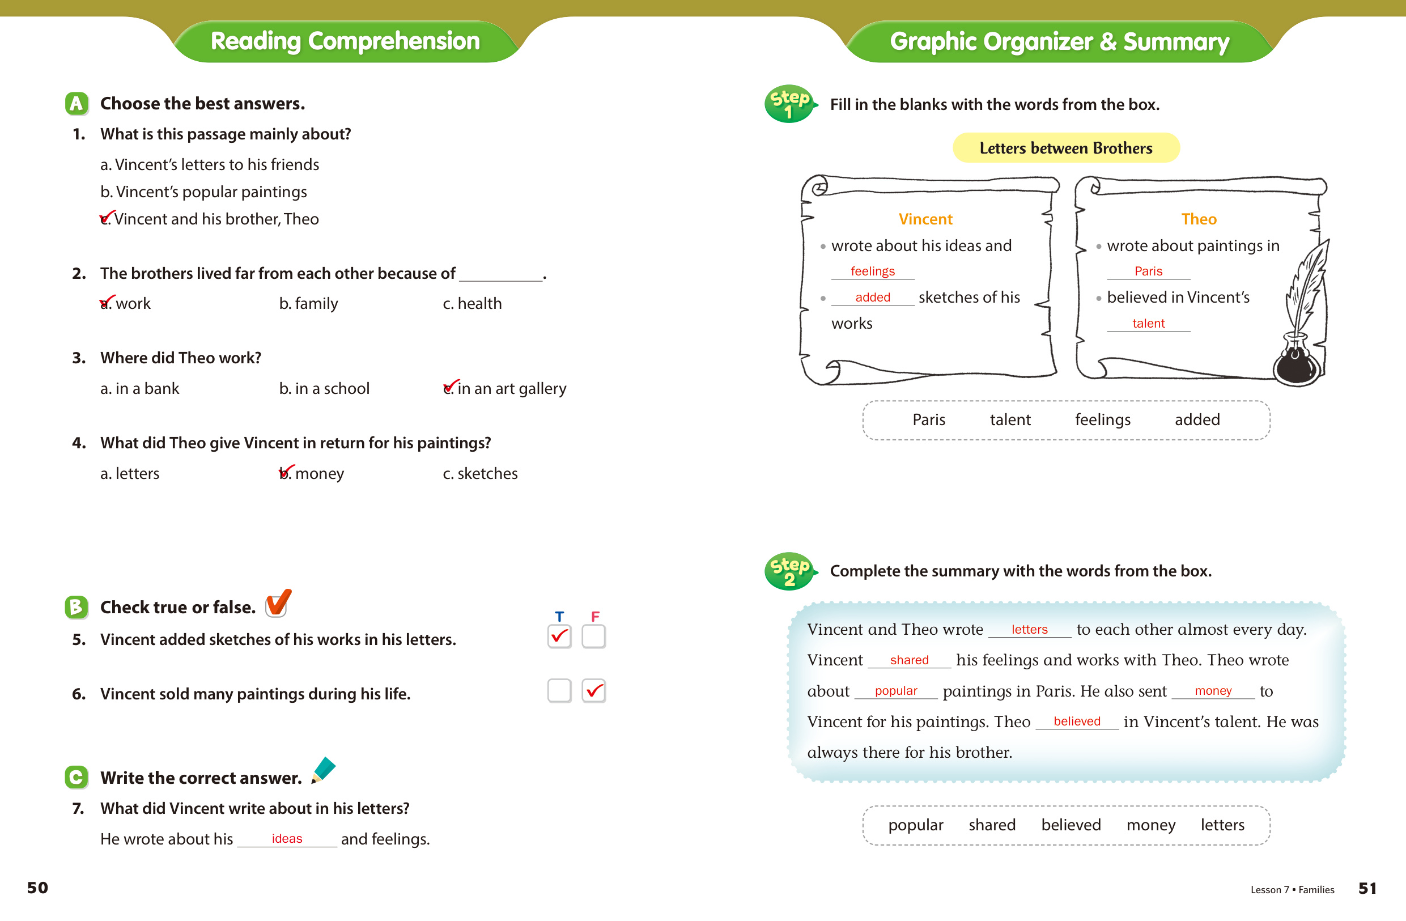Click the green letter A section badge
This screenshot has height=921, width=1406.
click(76, 103)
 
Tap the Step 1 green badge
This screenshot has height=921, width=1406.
click(789, 104)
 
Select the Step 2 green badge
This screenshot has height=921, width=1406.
click(789, 571)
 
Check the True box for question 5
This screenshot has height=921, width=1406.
click(559, 636)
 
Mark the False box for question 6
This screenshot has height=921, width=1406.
click(594, 690)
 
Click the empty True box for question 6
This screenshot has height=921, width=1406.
click(559, 690)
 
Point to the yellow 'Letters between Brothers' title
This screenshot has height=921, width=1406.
click(1066, 148)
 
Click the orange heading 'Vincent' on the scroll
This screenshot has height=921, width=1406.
click(925, 219)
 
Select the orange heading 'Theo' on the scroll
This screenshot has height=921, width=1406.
click(1199, 219)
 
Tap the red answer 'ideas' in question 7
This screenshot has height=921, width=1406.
click(287, 838)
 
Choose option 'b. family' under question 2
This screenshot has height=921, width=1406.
click(308, 304)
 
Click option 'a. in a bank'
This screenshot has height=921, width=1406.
click(139, 389)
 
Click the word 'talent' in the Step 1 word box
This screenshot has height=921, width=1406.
click(1010, 419)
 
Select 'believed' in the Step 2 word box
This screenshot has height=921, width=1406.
click(1071, 825)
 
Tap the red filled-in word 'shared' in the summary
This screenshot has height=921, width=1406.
click(909, 660)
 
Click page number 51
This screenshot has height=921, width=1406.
click(1367, 888)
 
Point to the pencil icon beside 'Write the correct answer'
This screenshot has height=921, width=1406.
click(323, 770)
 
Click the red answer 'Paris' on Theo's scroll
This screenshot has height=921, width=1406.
click(1148, 271)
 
